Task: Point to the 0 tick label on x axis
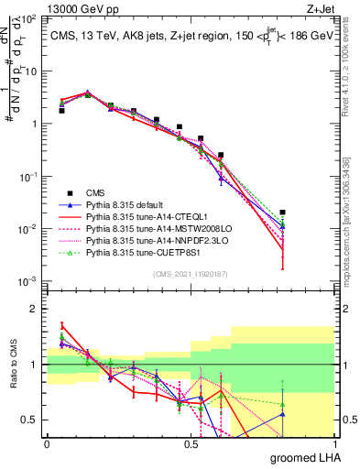(x=47, y=443)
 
